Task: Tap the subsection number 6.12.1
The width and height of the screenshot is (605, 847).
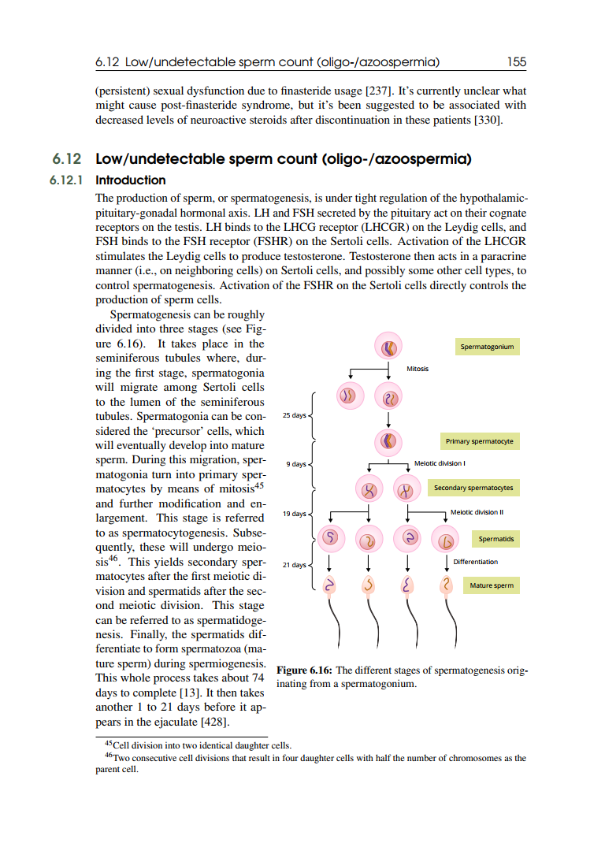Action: (66, 180)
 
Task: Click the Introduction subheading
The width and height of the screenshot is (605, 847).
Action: (130, 180)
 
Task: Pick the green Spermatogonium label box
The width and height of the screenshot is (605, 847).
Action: (486, 347)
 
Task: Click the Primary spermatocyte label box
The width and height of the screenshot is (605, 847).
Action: (479, 441)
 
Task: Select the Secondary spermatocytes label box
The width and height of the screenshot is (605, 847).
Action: (473, 488)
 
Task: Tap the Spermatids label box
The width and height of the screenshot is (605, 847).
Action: (496, 540)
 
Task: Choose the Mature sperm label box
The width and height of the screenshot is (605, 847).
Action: (492, 585)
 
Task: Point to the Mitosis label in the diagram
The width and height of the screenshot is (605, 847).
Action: (418, 369)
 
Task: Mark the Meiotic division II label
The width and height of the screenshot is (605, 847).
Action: (477, 512)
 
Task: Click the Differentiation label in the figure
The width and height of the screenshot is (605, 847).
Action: (475, 562)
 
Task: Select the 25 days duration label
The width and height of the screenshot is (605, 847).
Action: (294, 415)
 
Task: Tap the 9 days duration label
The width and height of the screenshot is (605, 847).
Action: (296, 464)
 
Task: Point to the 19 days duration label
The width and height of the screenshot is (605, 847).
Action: (294, 514)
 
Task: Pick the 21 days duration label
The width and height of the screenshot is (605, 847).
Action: (294, 565)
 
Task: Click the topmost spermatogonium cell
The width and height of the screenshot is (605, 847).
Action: (389, 347)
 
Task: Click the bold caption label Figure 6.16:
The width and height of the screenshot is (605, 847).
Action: (307, 671)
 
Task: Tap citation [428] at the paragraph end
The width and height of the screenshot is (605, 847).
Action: (216, 721)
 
